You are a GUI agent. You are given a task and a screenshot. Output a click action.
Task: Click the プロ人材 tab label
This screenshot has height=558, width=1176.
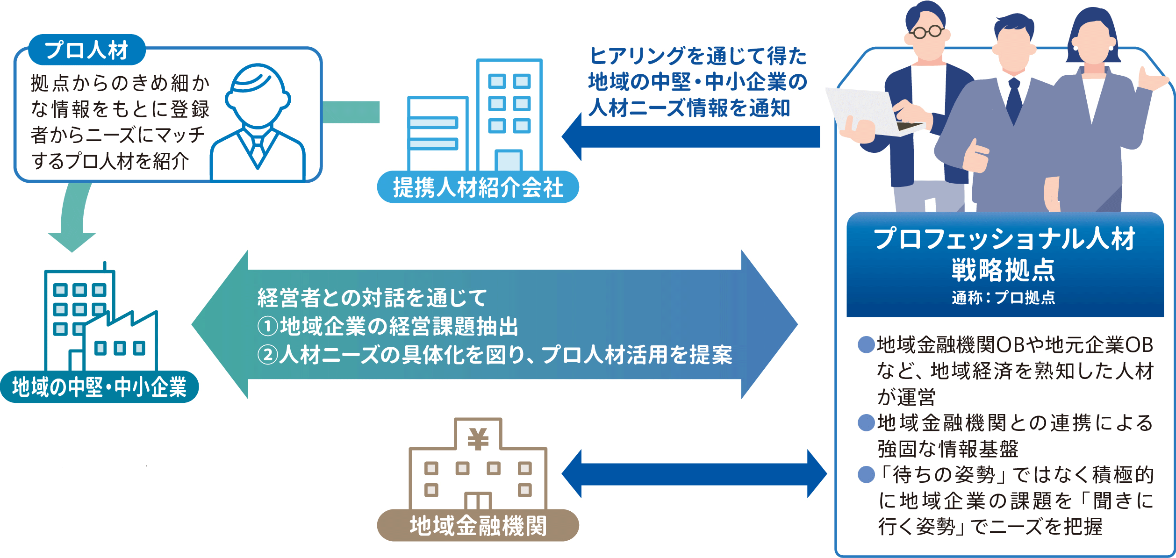pyautogui.click(x=86, y=50)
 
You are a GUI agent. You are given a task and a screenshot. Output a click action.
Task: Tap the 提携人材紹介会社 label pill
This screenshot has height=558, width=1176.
pyautogui.click(x=478, y=187)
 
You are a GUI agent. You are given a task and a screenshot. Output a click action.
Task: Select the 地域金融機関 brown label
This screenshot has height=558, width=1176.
pyautogui.click(x=478, y=526)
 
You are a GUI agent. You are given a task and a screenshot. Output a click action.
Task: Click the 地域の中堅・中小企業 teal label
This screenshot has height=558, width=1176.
pyautogui.click(x=99, y=387)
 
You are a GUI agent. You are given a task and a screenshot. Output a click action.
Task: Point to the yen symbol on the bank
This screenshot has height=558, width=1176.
pyautogui.click(x=478, y=439)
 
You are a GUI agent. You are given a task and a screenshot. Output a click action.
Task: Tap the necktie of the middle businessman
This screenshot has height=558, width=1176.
pyautogui.click(x=1014, y=100)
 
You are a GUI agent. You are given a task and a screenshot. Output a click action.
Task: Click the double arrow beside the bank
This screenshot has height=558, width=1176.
pyautogui.click(x=694, y=474)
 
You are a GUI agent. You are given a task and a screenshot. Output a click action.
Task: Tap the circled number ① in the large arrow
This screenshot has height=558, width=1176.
pyautogui.click(x=268, y=326)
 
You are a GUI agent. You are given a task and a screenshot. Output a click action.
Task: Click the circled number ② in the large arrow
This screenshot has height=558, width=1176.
pyautogui.click(x=268, y=355)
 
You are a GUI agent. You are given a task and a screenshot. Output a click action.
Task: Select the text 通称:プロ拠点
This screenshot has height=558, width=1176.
pyautogui.click(x=1004, y=298)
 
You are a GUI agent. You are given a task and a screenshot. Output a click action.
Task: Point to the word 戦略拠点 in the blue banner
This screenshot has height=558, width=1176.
pyautogui.click(x=1004, y=270)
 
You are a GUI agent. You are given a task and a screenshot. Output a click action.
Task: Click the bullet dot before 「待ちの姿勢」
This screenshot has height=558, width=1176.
pyautogui.click(x=866, y=475)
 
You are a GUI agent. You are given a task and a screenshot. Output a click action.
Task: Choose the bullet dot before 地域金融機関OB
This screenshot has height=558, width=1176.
pyautogui.click(x=866, y=345)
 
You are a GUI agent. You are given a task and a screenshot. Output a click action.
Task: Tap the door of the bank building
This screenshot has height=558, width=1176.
pyautogui.click(x=478, y=501)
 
